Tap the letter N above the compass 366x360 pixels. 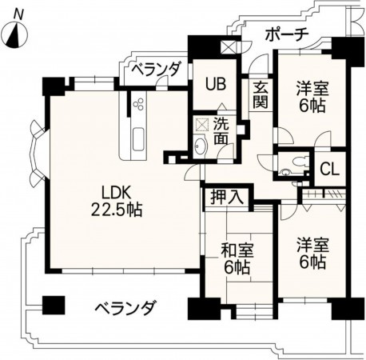pos(18,12)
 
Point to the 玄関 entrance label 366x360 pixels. pos(261,95)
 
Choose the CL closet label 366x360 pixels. pos(328,169)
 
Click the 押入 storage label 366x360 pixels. pos(229,196)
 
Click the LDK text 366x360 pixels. pos(116,192)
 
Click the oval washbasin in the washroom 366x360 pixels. pos(200,146)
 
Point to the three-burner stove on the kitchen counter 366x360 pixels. pos(137,106)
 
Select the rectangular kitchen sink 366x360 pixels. pos(137,137)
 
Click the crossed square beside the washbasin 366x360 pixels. pos(201,125)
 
